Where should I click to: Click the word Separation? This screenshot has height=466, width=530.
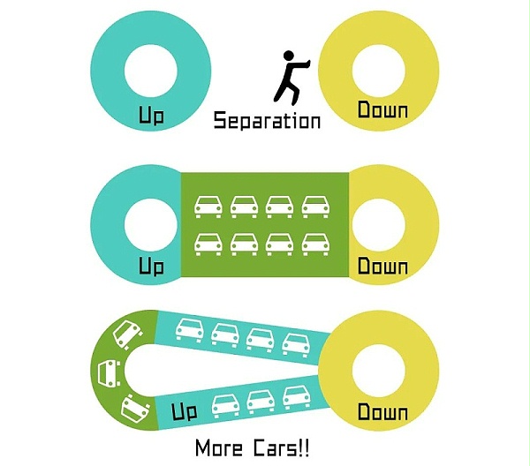(x=267, y=120)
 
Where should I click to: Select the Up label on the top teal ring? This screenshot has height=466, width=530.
(x=151, y=116)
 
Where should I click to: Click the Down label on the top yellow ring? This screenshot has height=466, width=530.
(x=382, y=111)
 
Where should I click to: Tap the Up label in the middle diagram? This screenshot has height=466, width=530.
(x=151, y=266)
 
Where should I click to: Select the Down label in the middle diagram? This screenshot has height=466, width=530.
(x=382, y=266)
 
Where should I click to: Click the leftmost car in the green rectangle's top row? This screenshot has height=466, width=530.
(x=208, y=206)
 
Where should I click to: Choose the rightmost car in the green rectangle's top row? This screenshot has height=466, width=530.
(x=315, y=206)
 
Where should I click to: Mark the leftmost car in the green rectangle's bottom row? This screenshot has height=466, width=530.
(x=208, y=243)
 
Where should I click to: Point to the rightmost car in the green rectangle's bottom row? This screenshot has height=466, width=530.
(x=315, y=243)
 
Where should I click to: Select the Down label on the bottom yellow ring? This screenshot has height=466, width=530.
(x=382, y=413)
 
